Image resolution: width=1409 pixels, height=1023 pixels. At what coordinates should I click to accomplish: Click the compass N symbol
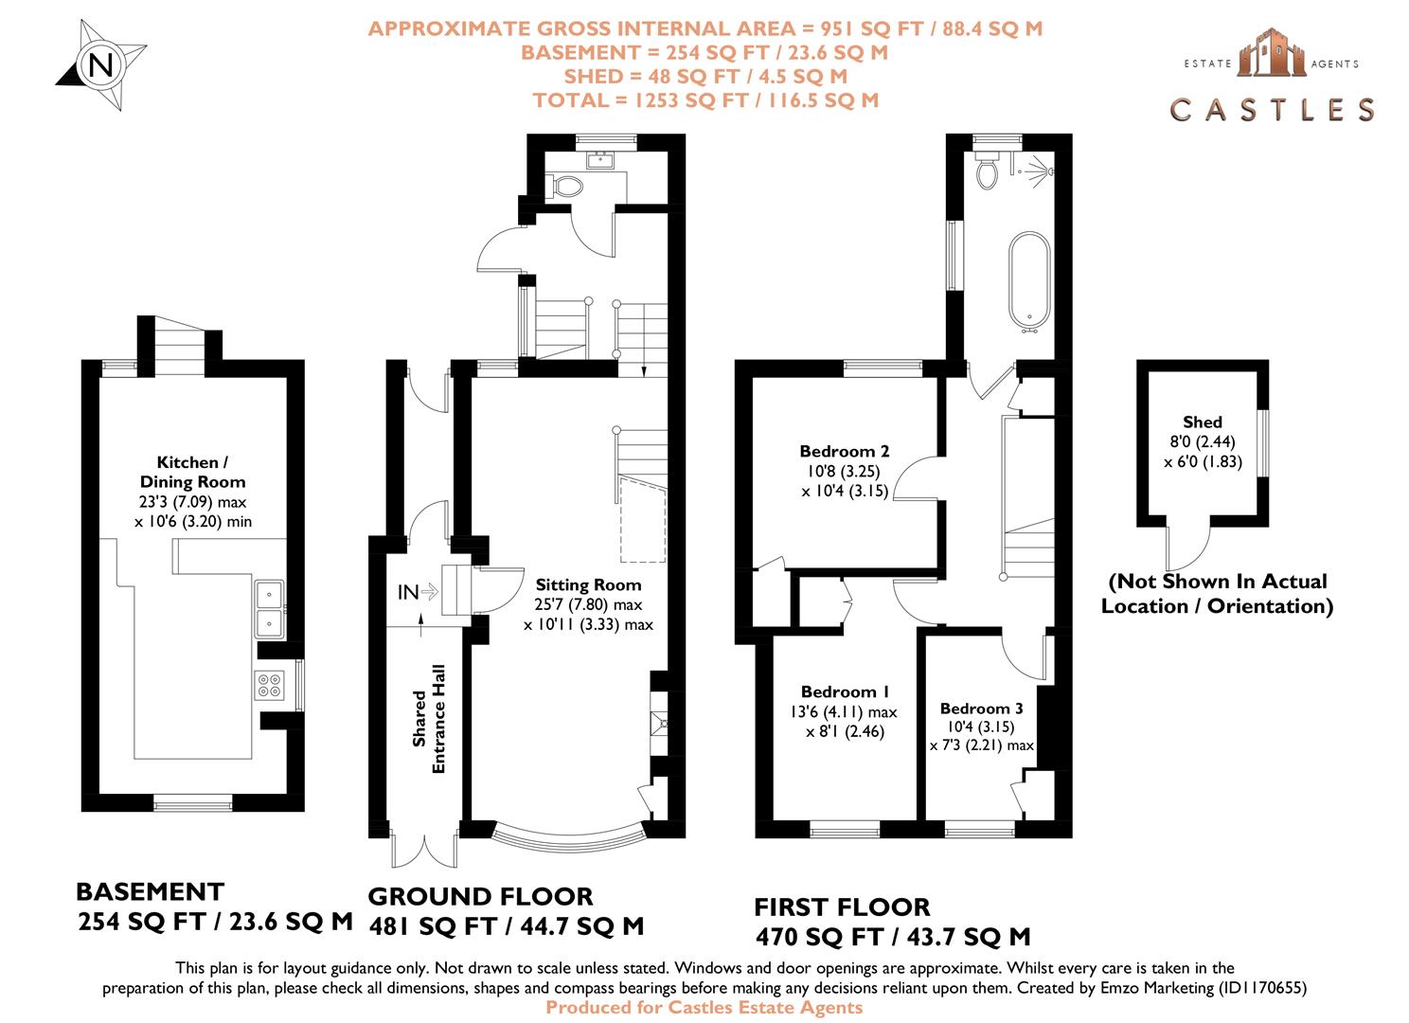click(100, 65)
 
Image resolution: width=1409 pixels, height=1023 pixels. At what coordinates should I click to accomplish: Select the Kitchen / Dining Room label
click(192, 472)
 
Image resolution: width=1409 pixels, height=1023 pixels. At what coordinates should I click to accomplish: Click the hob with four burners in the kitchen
click(270, 685)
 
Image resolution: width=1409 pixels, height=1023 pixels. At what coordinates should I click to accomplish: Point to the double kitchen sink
click(269, 608)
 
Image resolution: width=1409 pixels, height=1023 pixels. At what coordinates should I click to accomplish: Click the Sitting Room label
click(588, 584)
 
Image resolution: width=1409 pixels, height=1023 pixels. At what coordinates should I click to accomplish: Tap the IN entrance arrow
click(417, 592)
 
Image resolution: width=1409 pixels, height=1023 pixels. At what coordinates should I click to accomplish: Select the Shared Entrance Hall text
click(429, 718)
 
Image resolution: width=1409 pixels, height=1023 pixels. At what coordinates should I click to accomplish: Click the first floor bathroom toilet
click(988, 172)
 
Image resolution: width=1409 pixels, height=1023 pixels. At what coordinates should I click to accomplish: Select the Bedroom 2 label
click(844, 451)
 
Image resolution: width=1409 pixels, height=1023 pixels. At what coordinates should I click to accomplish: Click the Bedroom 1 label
click(845, 691)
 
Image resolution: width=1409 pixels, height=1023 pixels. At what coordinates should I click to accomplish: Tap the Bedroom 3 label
click(981, 709)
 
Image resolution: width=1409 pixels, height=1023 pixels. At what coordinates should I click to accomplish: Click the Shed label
click(1202, 422)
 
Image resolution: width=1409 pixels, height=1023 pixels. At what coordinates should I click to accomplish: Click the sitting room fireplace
click(658, 725)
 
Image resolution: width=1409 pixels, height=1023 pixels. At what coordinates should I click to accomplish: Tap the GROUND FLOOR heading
click(480, 896)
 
